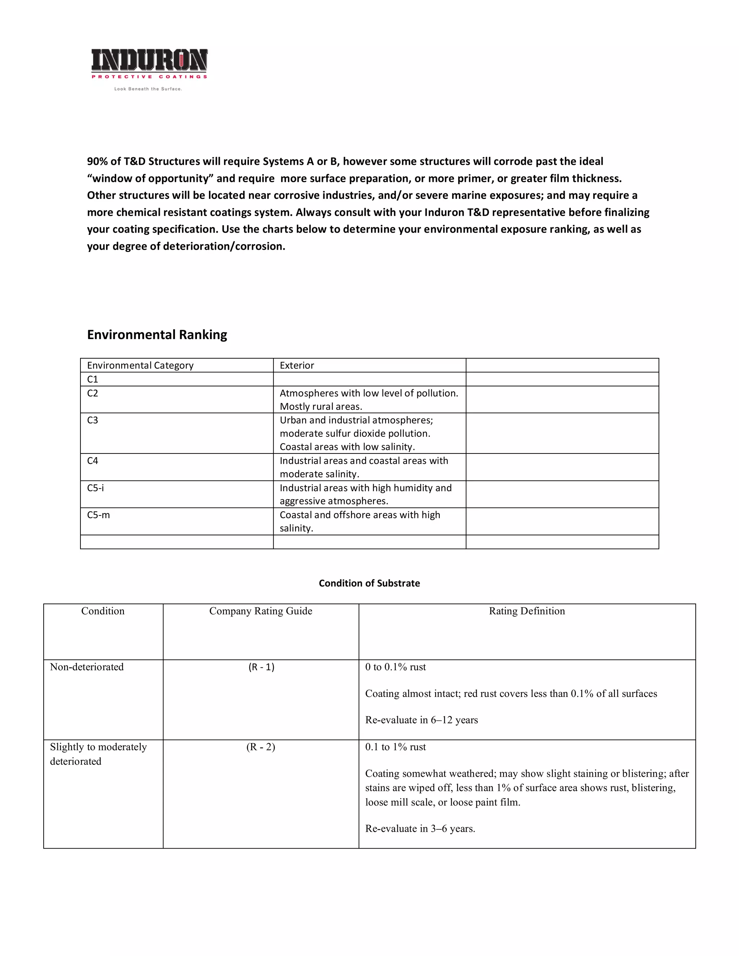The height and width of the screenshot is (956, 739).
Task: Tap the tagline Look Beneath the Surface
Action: click(x=148, y=89)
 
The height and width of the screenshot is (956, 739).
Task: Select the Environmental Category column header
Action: click(x=140, y=365)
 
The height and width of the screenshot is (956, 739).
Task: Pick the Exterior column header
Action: click(x=297, y=365)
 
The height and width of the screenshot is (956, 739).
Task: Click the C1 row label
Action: click(x=93, y=379)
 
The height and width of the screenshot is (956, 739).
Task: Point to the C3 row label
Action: click(x=93, y=420)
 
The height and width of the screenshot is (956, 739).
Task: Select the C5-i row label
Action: click(x=95, y=488)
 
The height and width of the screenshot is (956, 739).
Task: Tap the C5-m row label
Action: click(x=99, y=515)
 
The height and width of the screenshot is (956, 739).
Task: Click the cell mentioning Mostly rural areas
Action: click(x=369, y=400)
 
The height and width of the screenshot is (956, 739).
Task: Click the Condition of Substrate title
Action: click(x=369, y=583)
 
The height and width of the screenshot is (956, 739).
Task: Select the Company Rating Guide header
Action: click(x=261, y=611)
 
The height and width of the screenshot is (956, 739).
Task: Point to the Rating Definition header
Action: click(x=527, y=611)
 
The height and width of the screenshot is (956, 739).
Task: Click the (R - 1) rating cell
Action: click(x=261, y=667)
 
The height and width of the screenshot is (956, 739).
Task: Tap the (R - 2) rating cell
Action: click(x=261, y=747)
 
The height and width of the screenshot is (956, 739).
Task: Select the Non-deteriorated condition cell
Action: click(x=87, y=667)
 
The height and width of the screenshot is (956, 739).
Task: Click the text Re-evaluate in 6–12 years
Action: click(x=421, y=720)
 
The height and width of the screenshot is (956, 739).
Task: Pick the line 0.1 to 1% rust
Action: click(x=395, y=747)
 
